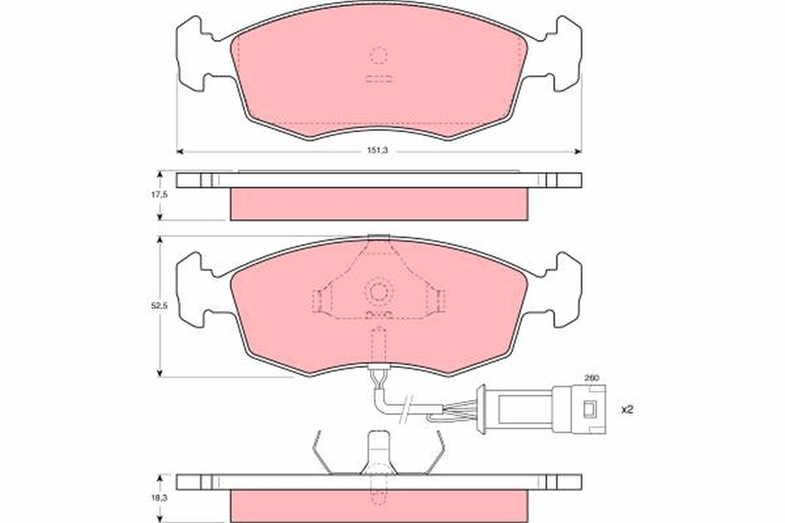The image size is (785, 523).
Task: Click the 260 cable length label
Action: pyautogui.click(x=592, y=378)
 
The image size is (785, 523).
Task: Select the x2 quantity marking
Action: pyautogui.click(x=627, y=410)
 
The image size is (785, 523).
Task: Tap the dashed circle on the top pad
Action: pyautogui.click(x=379, y=55)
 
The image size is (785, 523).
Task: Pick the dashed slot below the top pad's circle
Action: pyautogui.click(x=379, y=79)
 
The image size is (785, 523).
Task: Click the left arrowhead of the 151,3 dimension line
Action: pyautogui.click(x=181, y=151)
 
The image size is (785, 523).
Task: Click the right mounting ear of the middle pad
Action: pyautogui.click(x=567, y=289)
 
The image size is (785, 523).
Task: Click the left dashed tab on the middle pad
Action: pyautogui.click(x=317, y=301)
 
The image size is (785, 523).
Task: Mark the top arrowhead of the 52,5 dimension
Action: pyautogui.click(x=160, y=240)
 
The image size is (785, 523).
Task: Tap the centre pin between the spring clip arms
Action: pyautogui.click(x=379, y=451)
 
